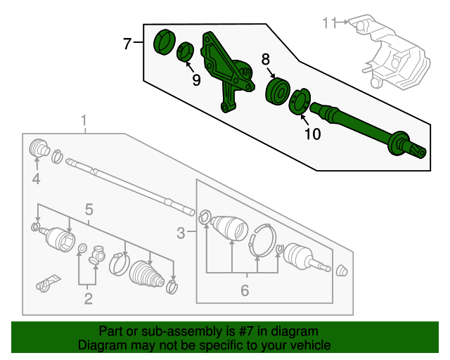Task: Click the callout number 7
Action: pos(127,44)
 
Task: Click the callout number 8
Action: pos(266,60)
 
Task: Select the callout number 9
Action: pos(196,80)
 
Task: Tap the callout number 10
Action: pos(311,134)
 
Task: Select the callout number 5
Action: pos(89,208)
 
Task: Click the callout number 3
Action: pos(181,232)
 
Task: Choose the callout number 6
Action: pos(245,289)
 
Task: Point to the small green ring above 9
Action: pos(186,51)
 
